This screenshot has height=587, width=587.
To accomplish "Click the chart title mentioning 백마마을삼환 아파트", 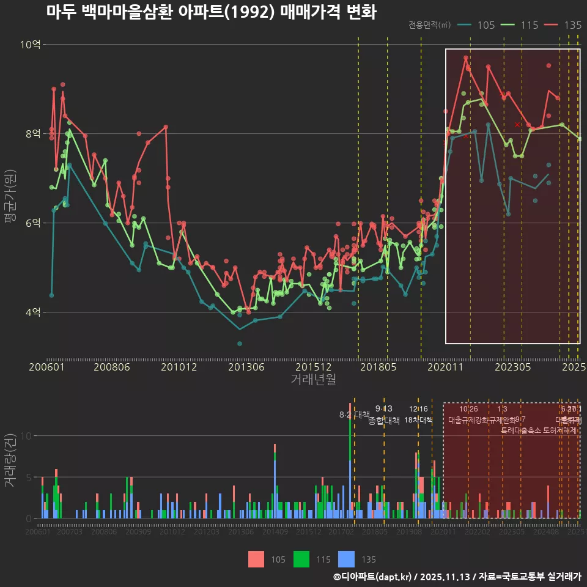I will (x=211, y=12).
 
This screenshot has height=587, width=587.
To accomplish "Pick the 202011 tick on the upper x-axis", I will (x=445, y=367).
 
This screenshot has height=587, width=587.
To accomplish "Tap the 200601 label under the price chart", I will (x=47, y=367).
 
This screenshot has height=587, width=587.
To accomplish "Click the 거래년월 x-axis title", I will (x=313, y=379).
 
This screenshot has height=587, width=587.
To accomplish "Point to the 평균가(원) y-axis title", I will (x=10, y=196).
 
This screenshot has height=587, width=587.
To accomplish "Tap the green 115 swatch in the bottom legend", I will (x=302, y=559).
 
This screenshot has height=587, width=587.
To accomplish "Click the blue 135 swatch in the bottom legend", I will (x=347, y=559).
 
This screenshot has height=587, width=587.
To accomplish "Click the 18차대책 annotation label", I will (x=418, y=420).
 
